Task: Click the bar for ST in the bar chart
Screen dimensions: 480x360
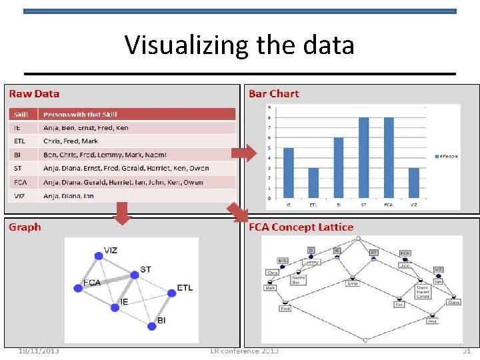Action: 363,157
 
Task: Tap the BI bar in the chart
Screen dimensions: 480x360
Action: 339,168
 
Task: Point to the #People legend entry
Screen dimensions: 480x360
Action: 445,156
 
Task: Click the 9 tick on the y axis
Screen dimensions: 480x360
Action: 269,107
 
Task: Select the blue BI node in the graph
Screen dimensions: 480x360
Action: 150,326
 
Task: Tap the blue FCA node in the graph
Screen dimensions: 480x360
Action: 77,288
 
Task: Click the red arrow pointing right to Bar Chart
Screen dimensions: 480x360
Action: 243,153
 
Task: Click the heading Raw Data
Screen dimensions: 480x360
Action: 33,94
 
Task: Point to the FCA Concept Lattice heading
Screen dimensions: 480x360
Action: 301,227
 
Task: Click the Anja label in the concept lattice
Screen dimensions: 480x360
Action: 433,321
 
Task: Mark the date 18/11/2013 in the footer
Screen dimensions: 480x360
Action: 38,351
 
